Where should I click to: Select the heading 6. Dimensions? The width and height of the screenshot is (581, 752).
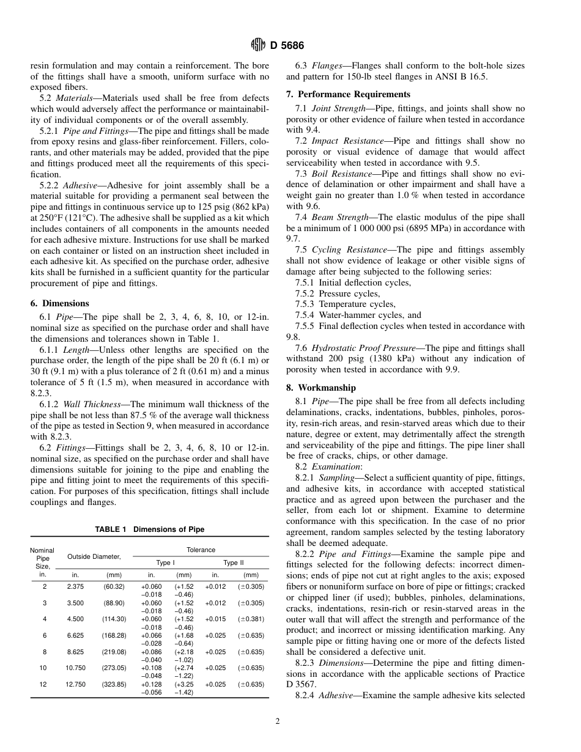[59, 303]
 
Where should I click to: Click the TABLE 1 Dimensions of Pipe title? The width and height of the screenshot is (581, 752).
[150, 529]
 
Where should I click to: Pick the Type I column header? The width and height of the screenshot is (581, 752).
[165, 562]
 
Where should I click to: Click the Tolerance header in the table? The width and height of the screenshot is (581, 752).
[201, 550]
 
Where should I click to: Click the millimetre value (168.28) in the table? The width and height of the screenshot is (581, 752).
[114, 636]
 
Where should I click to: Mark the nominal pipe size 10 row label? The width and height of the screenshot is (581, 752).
[43, 668]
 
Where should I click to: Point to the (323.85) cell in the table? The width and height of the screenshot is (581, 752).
[114, 685]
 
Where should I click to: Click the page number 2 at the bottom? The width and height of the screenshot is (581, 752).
[278, 721]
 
